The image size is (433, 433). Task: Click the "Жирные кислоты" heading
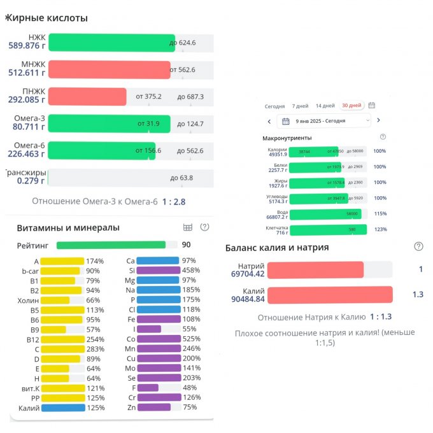pos(46,18)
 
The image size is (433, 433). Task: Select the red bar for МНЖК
pos(109,69)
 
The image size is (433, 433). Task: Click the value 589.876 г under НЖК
pos(27,46)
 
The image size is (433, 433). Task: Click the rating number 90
pos(187,245)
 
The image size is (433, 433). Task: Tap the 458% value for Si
pos(190,270)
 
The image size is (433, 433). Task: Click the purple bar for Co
pos(158,339)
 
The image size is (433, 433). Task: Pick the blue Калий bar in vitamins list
pos(63,408)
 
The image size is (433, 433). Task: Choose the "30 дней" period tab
pos(351,106)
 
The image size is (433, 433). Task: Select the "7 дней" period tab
pos(301,106)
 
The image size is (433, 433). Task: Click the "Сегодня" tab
pos(274,106)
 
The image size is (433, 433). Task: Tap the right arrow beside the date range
pos(378,120)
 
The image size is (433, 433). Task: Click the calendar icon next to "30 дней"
pos(372,106)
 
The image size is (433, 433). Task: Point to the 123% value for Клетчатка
pos(380,229)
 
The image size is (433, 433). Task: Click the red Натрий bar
pos(315,270)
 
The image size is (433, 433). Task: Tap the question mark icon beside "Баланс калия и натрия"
pos(418,246)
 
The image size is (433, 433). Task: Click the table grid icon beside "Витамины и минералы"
pos(187,227)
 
